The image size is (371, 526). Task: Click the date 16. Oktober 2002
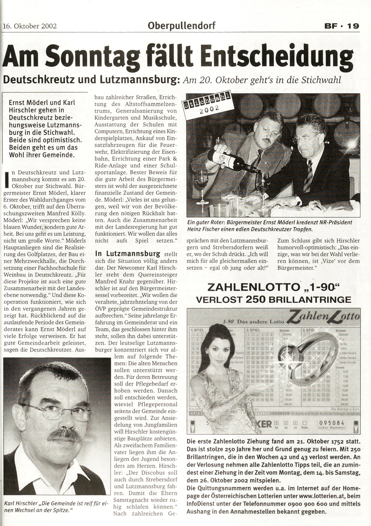pos(30,26)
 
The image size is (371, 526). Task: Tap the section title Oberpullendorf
pos(182,26)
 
